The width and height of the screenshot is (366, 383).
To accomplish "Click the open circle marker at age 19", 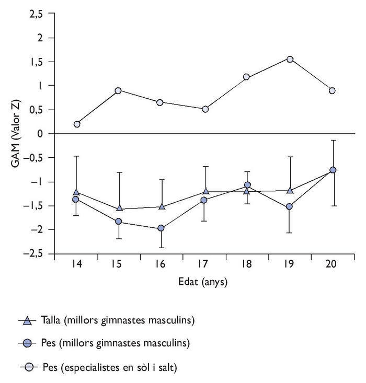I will [x=290, y=59].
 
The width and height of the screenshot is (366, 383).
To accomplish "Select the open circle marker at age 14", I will [x=77, y=124].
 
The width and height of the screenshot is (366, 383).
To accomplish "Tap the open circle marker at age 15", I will [x=118, y=90].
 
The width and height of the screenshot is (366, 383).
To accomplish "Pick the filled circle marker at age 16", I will [x=161, y=228].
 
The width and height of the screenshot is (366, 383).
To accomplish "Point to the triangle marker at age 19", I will [x=290, y=191].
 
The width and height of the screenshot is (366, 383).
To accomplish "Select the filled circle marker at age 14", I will [x=76, y=200].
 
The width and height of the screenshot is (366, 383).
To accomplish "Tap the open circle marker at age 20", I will [x=332, y=91].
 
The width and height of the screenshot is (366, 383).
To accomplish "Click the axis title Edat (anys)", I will [x=203, y=282].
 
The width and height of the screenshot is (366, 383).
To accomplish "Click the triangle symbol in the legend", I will [x=28, y=320].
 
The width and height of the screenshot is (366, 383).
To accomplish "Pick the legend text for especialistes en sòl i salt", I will [x=117, y=367].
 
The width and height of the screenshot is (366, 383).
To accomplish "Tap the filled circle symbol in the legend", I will [x=28, y=344].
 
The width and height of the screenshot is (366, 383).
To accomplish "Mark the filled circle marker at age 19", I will [x=290, y=206].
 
